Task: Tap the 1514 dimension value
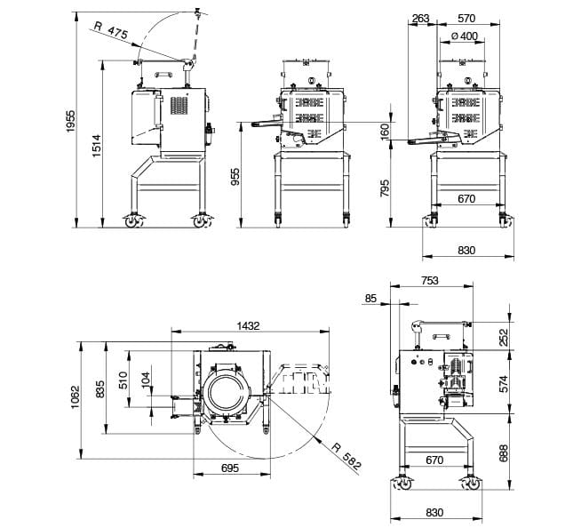pyautogui.click(x=97, y=141)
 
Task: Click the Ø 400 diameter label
pyautogui.click(x=464, y=36)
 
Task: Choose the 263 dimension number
pyautogui.click(x=421, y=18)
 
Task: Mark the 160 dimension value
pyautogui.click(x=385, y=132)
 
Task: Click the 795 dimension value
pyautogui.click(x=385, y=188)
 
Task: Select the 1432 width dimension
pyautogui.click(x=248, y=325)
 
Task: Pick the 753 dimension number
pyautogui.click(x=429, y=281)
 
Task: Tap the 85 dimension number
pyautogui.click(x=371, y=299)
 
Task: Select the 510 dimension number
pyautogui.click(x=124, y=380)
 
